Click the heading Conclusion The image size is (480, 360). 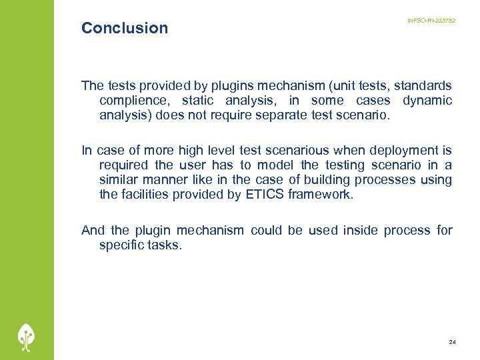(125, 28)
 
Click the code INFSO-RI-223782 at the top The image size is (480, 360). (431, 21)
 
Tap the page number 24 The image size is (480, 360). (453, 342)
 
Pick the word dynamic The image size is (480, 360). (427, 101)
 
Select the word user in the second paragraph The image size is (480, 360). (195, 165)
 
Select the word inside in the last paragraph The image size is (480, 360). (361, 230)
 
